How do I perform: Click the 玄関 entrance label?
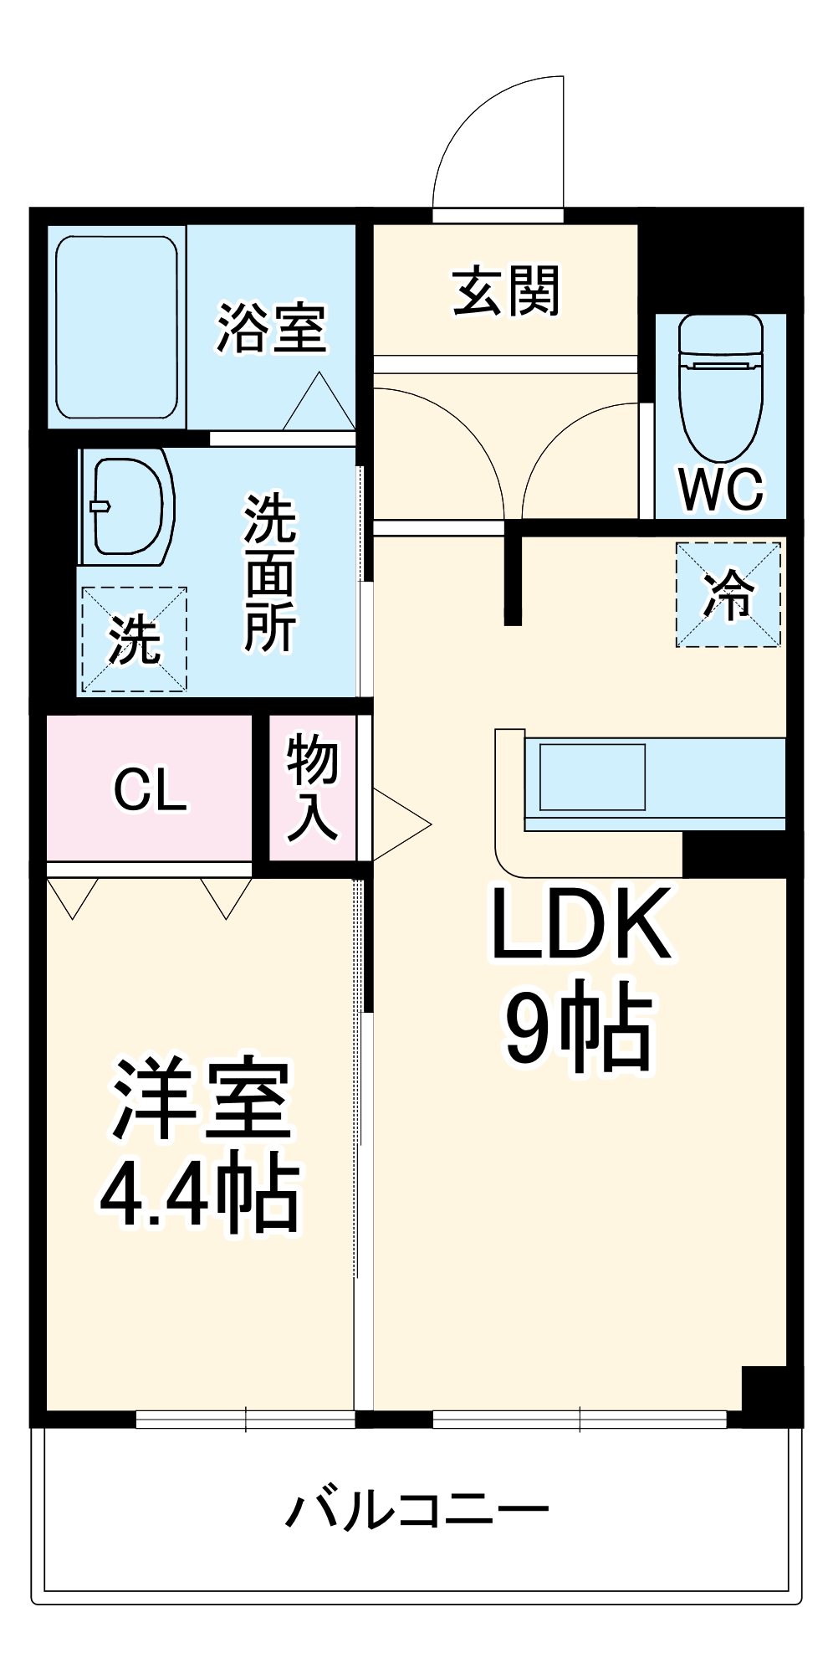click(x=505, y=291)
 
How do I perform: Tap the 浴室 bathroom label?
click(x=271, y=327)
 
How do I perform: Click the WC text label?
click(x=721, y=489)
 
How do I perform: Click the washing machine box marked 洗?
click(x=134, y=639)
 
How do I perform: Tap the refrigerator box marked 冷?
click(x=728, y=594)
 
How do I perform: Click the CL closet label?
click(x=150, y=788)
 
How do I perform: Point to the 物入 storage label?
click(x=312, y=787)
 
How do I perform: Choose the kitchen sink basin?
click(x=592, y=777)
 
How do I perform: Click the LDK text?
click(x=580, y=924)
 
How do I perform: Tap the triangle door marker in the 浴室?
click(x=319, y=403)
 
